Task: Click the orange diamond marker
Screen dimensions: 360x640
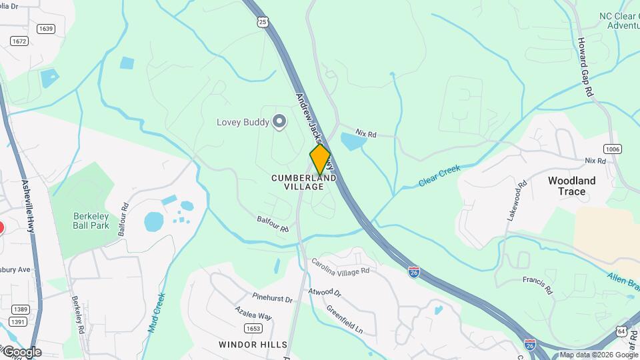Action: coord(320,159)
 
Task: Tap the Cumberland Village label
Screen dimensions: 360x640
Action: coord(303,183)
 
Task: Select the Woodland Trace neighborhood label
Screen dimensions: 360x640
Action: coord(571,186)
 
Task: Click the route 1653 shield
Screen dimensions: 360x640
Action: coord(253,328)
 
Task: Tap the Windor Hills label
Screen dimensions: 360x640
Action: coord(253,345)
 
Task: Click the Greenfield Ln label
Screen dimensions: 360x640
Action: coord(344,320)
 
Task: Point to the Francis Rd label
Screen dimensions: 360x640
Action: coord(538,286)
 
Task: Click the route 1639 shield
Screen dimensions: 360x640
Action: coord(46,29)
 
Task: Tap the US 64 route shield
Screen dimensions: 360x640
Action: coord(621,331)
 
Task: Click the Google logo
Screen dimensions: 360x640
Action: coord(22,352)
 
